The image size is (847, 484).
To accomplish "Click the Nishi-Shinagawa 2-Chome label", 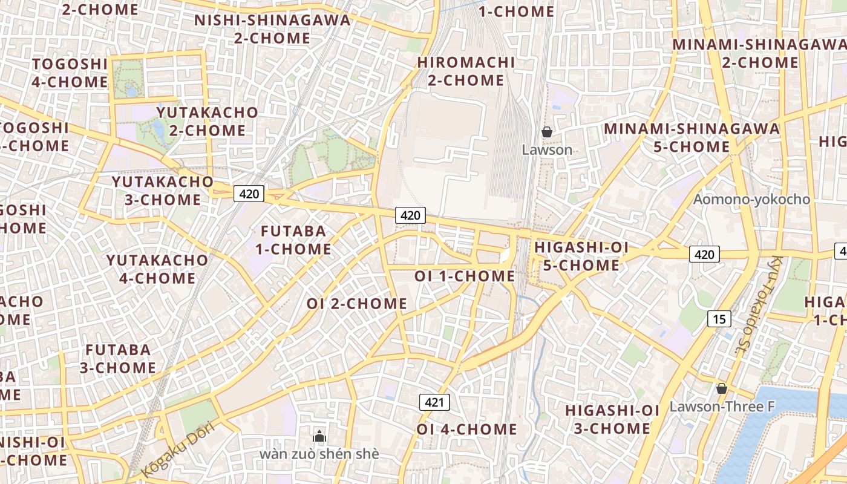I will tap(272, 29).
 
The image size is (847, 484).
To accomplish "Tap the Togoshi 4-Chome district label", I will tap(70, 73).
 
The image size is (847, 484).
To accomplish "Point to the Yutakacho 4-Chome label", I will tap(157, 269).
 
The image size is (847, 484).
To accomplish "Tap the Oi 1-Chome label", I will tap(465, 276).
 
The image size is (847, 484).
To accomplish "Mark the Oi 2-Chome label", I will tap(357, 304).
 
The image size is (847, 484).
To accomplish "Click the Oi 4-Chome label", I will tap(466, 430).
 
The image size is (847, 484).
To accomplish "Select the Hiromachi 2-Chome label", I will tap(466, 71).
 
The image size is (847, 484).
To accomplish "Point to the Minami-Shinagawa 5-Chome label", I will tap(692, 137).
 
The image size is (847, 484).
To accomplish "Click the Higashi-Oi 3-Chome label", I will tap(612, 419).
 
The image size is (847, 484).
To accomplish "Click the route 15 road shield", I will tap(718, 319).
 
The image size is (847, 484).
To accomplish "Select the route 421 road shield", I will tap(434, 402).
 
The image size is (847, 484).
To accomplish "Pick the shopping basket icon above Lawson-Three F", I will tap(721, 388).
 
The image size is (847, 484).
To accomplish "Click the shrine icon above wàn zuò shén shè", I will tap(319, 436).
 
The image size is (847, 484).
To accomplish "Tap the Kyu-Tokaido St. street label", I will tap(759, 306).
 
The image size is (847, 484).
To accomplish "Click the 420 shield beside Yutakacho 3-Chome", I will tap(249, 194).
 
